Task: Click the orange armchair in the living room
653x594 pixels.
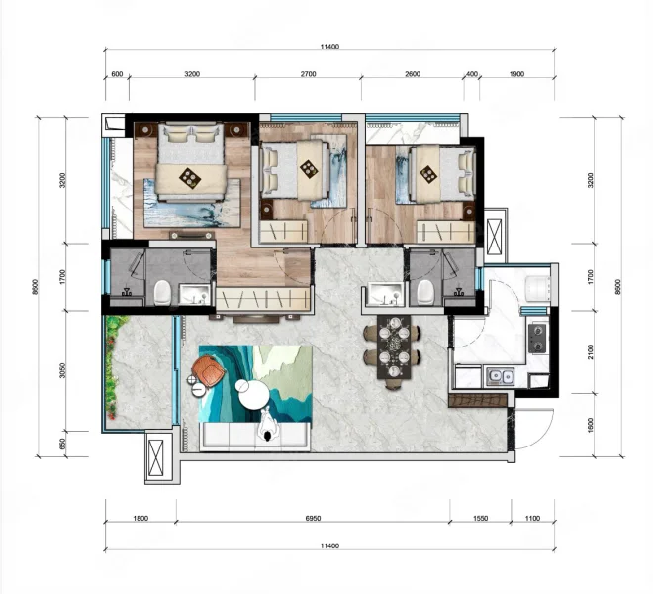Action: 208,369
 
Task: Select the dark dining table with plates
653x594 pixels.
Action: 394,346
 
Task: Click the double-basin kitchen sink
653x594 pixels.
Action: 501,376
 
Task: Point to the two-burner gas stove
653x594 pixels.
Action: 537,338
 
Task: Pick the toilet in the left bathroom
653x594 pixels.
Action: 162,292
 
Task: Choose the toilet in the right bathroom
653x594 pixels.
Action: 425,291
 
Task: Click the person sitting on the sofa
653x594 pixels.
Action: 267,425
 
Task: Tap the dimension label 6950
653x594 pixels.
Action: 314,518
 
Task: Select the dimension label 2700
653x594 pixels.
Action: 308,74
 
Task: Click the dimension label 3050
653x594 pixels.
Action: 62,370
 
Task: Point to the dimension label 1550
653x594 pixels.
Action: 480,518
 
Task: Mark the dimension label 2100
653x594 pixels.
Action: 590,352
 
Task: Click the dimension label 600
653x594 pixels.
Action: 118,74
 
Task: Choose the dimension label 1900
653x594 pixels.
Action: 516,74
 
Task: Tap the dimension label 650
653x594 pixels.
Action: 62,444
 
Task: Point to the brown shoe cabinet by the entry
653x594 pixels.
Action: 478,400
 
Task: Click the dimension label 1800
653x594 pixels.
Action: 140,518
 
